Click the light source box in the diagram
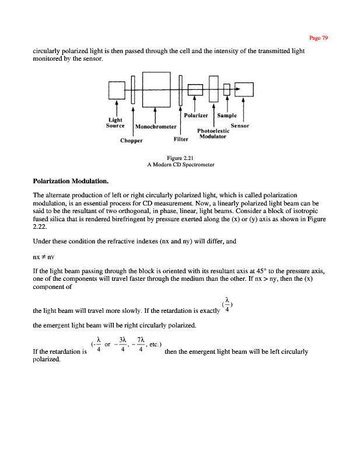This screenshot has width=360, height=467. (117, 90)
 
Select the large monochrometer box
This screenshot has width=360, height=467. (155, 88)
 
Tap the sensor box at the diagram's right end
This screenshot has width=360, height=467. (244, 89)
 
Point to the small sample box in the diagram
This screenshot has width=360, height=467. (227, 90)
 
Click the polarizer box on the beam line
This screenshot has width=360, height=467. (194, 89)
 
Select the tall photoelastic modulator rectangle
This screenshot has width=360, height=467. (213, 89)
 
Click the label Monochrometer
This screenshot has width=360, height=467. (156, 127)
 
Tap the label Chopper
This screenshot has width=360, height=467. (131, 140)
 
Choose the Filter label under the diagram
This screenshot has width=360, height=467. (181, 140)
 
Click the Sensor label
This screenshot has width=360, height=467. (240, 126)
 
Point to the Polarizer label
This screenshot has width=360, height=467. (197, 116)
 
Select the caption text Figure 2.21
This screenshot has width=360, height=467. (180, 158)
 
